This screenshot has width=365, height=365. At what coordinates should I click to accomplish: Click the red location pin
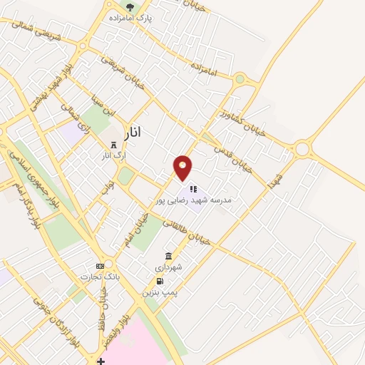click(183, 167)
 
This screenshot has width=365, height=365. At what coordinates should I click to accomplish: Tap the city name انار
click(127, 132)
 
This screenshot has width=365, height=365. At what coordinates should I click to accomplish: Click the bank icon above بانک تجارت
click(100, 266)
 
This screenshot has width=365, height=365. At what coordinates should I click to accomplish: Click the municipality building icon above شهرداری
click(169, 256)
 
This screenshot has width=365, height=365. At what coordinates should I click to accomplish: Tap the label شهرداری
click(169, 267)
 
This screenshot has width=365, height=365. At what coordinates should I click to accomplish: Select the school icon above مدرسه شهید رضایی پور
click(192, 190)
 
